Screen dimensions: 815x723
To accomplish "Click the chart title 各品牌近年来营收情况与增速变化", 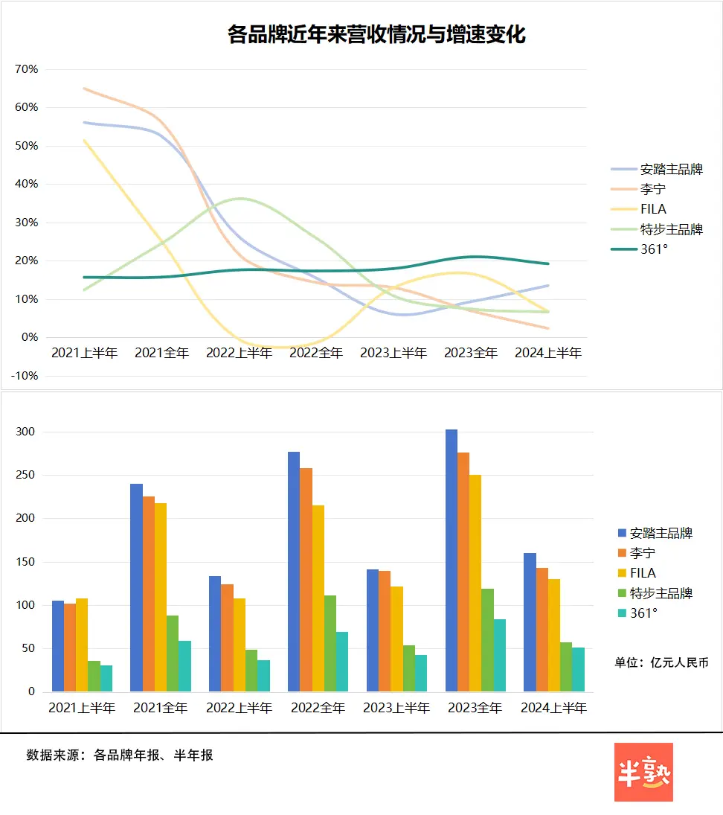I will click(376, 35).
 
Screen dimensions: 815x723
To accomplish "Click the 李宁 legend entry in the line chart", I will click(652, 189).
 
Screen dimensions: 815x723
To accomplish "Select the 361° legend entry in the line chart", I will click(654, 249).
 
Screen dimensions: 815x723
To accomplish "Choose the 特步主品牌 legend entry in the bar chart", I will click(661, 593).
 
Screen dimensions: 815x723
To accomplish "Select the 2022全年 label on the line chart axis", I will click(316, 353).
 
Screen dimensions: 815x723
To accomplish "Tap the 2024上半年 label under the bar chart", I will click(553, 708).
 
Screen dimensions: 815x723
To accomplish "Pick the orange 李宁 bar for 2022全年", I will click(306, 580).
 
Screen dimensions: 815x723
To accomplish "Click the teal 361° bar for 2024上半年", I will click(578, 669).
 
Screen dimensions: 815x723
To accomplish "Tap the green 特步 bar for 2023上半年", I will click(408, 668).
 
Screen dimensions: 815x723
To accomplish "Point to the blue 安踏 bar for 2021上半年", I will click(57, 646).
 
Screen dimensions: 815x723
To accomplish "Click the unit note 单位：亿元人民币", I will click(661, 662).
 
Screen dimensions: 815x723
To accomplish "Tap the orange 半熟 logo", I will click(643, 772).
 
